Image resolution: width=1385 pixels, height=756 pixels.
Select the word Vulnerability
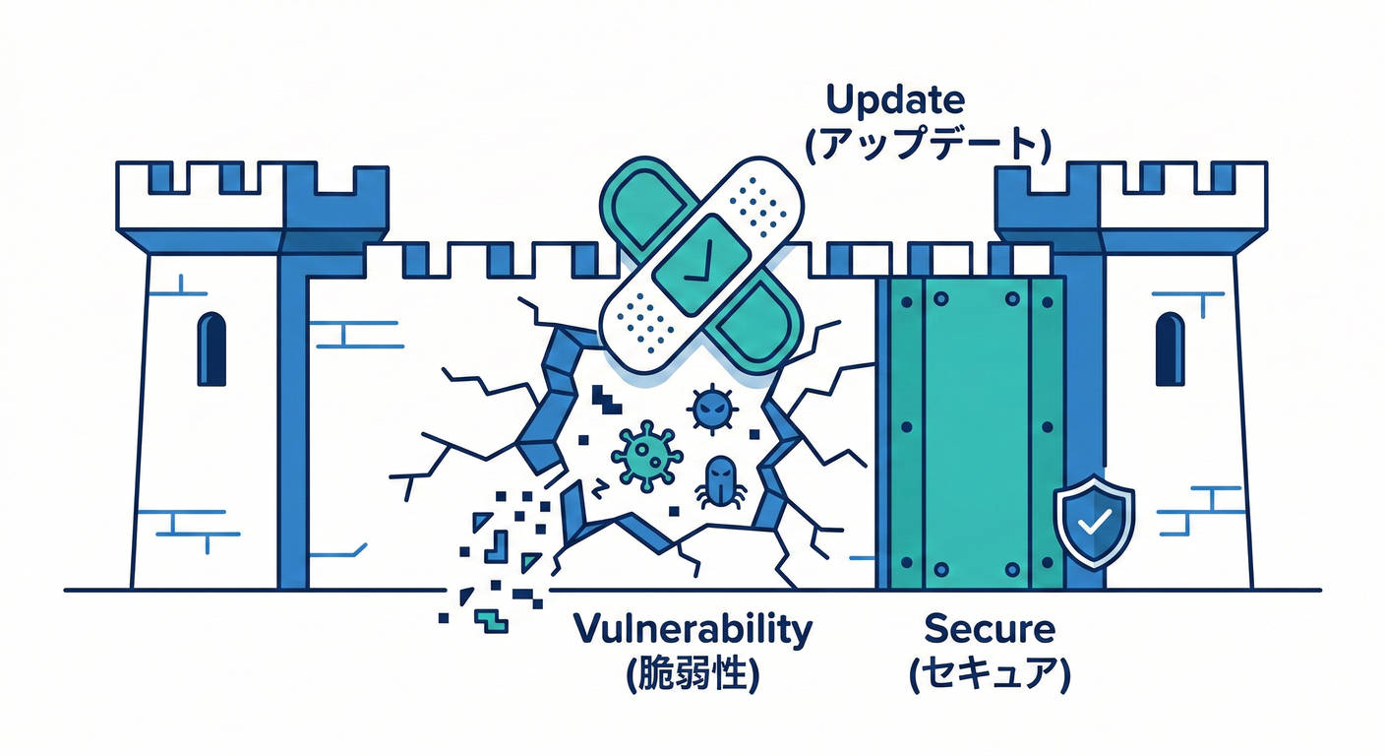692,629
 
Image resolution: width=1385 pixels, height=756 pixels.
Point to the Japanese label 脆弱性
692,674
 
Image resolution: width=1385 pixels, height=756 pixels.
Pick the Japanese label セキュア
990,674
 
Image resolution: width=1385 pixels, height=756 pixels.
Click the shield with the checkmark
1094,522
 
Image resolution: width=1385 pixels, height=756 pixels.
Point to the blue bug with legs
720,481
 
